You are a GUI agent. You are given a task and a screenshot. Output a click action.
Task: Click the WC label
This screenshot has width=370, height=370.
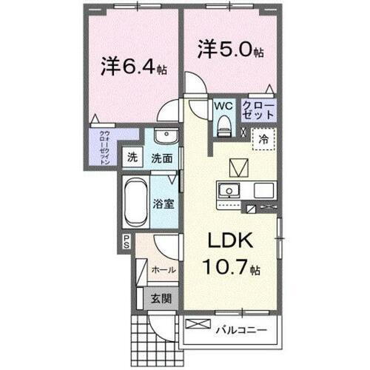pos(223,106)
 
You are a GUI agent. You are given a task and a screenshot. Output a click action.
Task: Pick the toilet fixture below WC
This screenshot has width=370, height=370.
pos(223,126)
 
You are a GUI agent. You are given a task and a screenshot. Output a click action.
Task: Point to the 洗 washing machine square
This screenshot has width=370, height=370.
pos(132,157)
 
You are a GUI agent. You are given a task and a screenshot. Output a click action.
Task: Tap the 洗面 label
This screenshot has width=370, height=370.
pos(162,157)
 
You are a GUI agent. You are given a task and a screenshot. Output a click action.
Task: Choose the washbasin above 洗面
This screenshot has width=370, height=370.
pos(164,138)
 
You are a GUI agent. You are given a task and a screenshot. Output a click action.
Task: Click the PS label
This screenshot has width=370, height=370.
pos(127,240)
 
